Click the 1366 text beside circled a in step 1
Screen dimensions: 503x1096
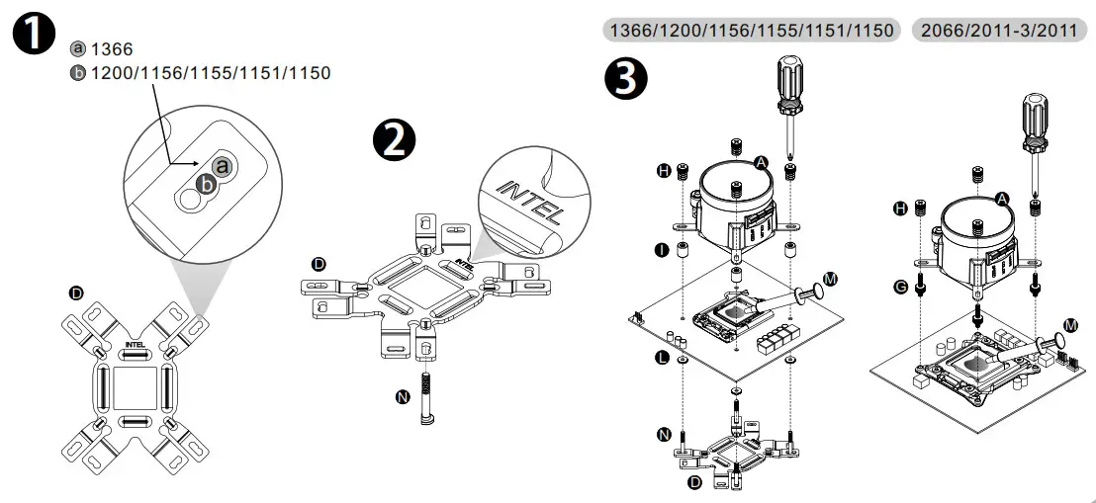[x=112, y=48]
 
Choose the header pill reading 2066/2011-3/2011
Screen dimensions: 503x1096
[x=999, y=31]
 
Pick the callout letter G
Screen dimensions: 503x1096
[x=899, y=286]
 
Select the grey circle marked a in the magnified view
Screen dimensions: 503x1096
[x=223, y=166]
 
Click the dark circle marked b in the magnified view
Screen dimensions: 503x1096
[x=205, y=183]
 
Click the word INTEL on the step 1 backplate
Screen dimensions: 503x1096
[x=136, y=345]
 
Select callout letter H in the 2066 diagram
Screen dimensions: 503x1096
[x=900, y=209]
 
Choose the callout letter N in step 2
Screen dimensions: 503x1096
[x=402, y=397]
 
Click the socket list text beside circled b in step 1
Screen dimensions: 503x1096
[x=211, y=73]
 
